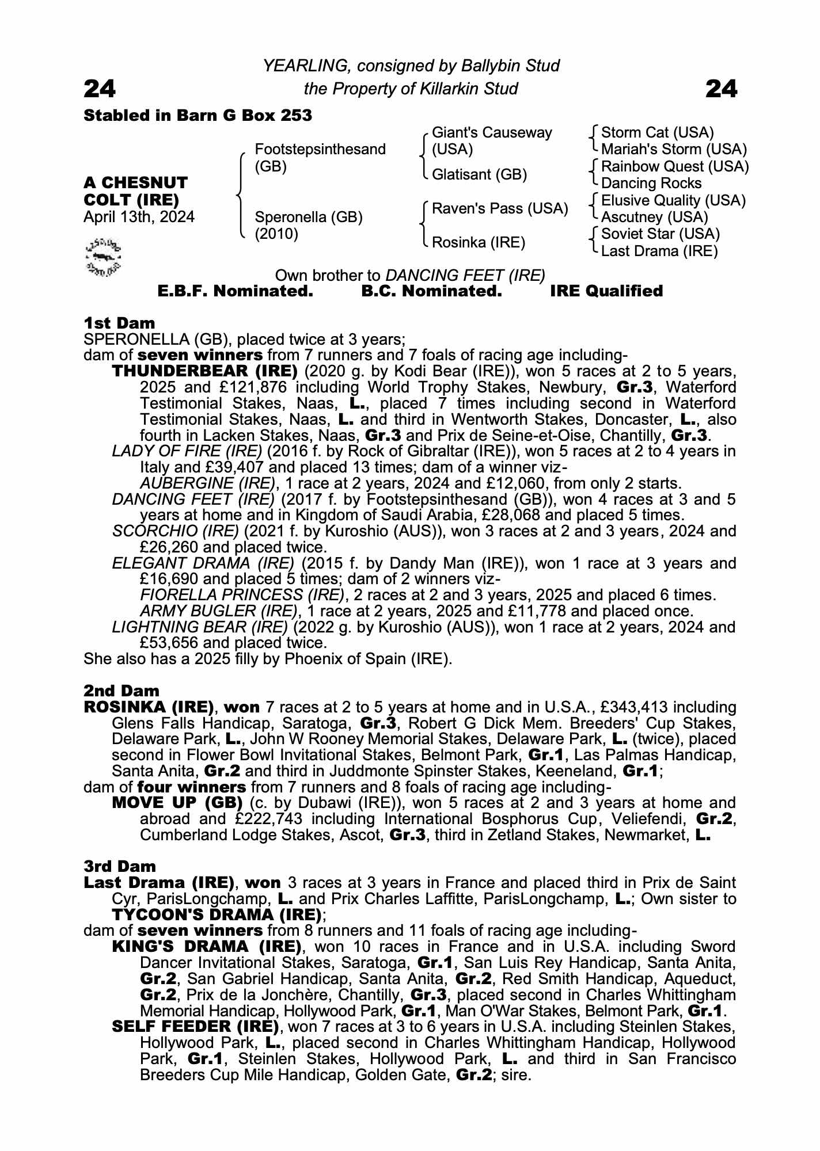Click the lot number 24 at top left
[100, 89]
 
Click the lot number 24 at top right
[721, 89]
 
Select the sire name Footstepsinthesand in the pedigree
[320, 150]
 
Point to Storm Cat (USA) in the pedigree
[657, 133]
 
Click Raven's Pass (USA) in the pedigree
[500, 208]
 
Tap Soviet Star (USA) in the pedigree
[660, 234]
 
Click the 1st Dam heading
[119, 323]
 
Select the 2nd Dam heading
[122, 690]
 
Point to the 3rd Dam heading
[120, 866]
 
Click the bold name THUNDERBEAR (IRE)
[205, 371]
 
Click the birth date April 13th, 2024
[139, 217]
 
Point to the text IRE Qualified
[606, 291]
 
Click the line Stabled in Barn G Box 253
[198, 116]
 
